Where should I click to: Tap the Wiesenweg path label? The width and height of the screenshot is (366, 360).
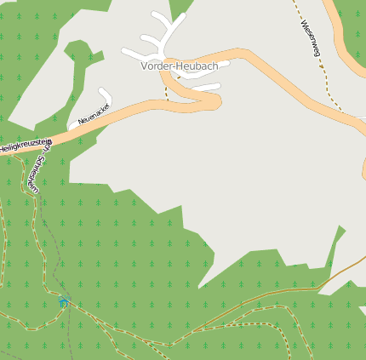(x=309, y=38)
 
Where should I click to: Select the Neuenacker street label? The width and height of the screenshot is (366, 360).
(x=94, y=114)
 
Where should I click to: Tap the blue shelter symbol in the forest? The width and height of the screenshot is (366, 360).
(x=64, y=302)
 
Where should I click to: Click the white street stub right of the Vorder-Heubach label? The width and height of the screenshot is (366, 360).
(x=206, y=86)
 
